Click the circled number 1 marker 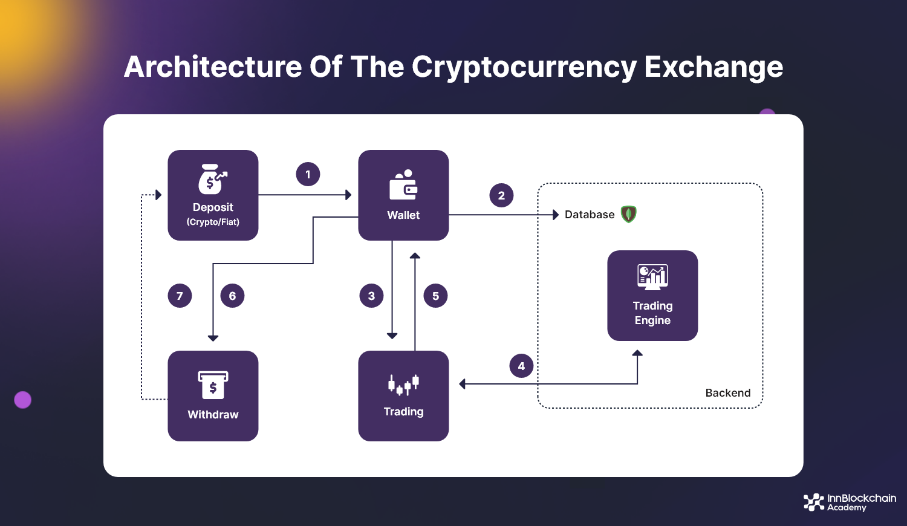(x=308, y=174)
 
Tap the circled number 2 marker (x=501, y=195)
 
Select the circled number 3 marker (x=371, y=296)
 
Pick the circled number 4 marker (x=521, y=366)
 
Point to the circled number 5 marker (x=435, y=296)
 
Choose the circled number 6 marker (x=232, y=296)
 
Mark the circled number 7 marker (x=180, y=296)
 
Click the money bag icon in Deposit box (x=212, y=180)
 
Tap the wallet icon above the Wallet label (x=403, y=185)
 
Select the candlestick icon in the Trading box (x=403, y=384)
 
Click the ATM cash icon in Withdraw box (x=213, y=385)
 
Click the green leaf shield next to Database (x=629, y=214)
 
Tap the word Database (x=590, y=215)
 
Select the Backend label (x=728, y=393)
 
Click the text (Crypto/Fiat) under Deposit (x=213, y=222)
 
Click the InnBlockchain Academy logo (x=849, y=502)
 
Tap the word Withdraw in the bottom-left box (x=213, y=415)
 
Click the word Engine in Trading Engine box (x=652, y=320)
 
